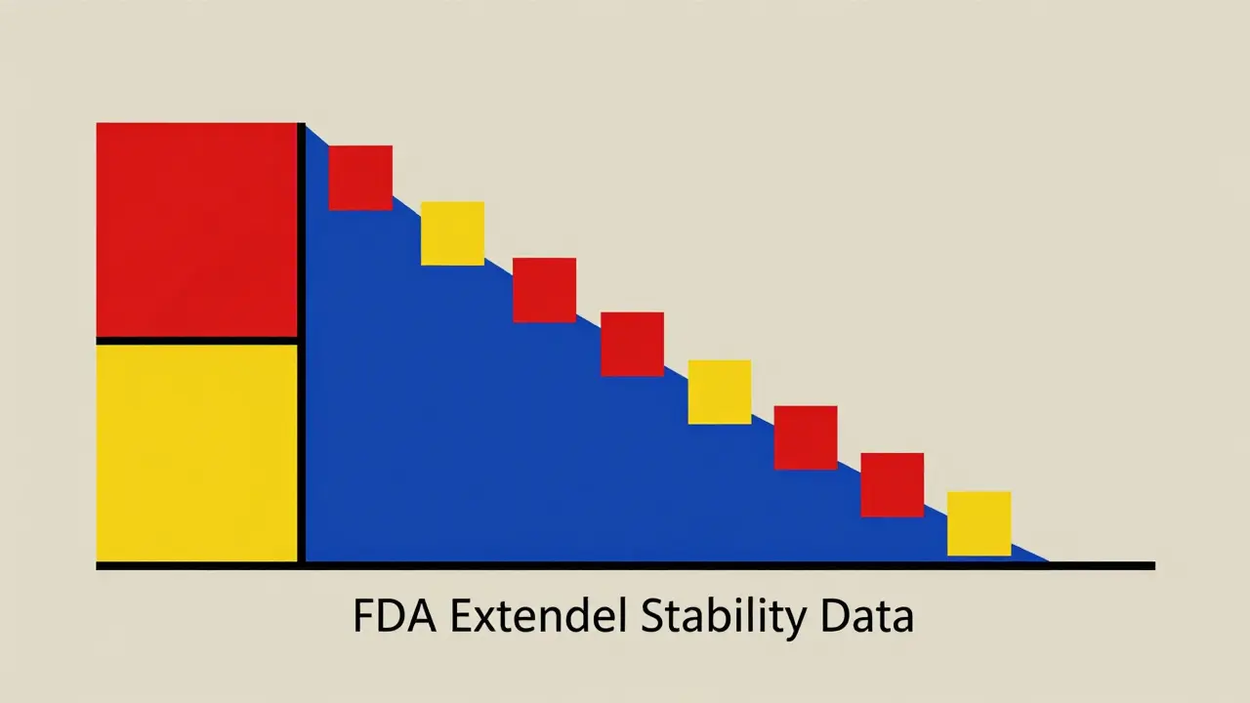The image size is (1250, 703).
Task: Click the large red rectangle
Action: coord(195,229)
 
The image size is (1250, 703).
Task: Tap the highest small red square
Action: coord(360,178)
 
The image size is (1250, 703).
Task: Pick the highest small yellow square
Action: coord(452,233)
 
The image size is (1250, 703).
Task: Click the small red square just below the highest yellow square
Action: coord(544,290)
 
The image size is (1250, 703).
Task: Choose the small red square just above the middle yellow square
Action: coord(632,344)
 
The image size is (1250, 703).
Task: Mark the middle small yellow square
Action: coord(720,392)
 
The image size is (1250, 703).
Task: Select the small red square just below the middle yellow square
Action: coord(806,437)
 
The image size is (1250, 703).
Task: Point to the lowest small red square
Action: coord(892,484)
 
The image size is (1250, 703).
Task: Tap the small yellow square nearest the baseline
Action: coord(979,523)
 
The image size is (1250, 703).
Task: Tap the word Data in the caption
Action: coord(868,618)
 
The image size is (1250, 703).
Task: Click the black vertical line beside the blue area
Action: coord(302,342)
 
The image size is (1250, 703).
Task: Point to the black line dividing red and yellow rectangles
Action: coord(195,341)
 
